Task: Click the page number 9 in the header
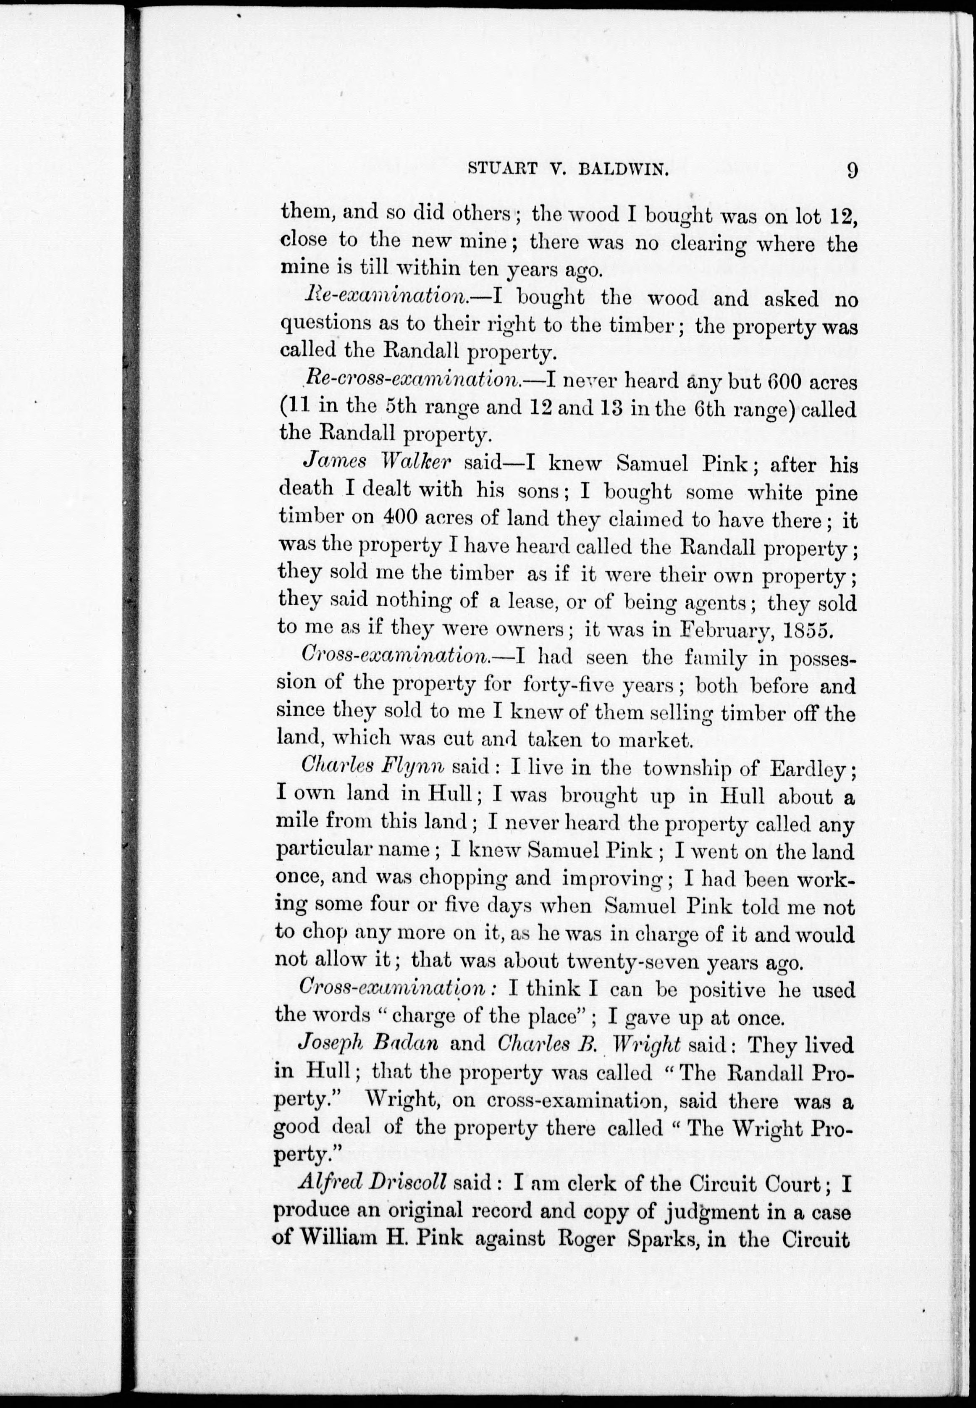click(852, 169)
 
